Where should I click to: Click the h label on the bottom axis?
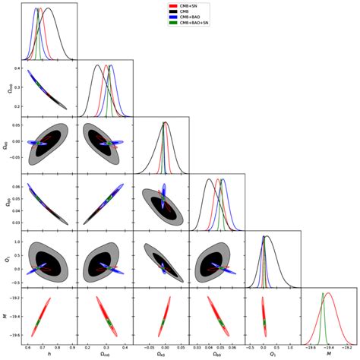(x=49, y=354)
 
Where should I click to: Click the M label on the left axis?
(x=6, y=314)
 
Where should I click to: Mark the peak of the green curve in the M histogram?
(x=323, y=293)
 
